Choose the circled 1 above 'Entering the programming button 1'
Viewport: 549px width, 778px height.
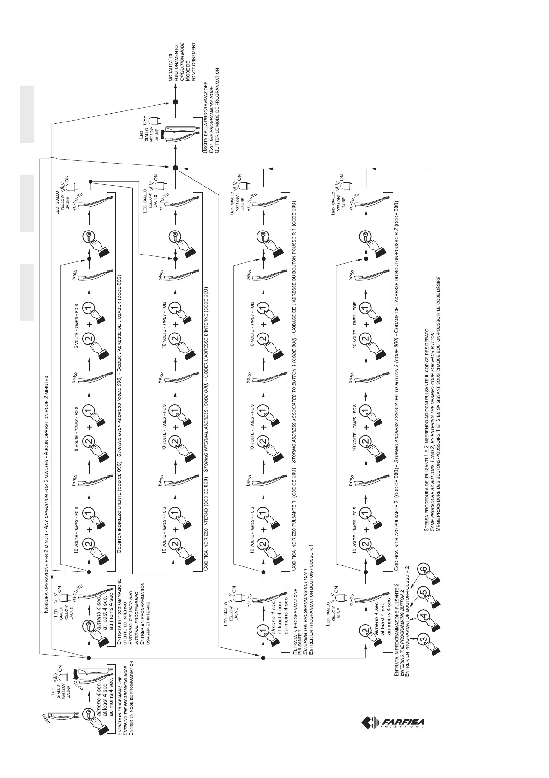point(263,629)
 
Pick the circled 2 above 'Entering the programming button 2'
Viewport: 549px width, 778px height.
point(365,629)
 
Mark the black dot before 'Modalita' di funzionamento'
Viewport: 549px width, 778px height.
point(175,103)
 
